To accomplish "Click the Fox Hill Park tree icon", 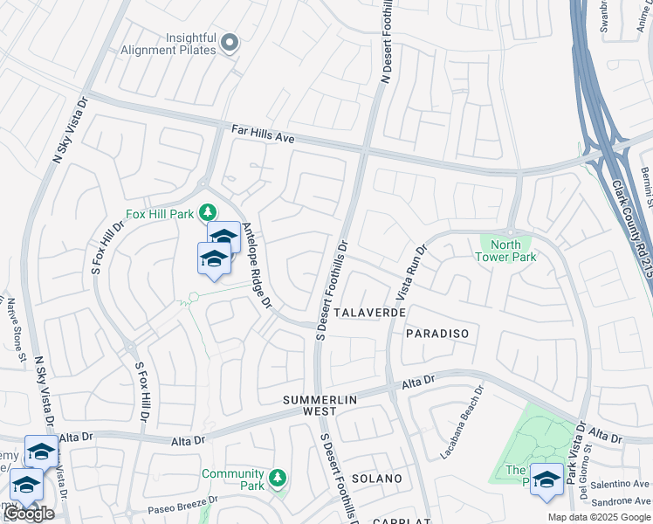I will tap(208, 212).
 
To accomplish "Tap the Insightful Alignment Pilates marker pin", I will tap(230, 43).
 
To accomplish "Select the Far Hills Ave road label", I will tap(263, 134).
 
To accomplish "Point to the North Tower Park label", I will tap(506, 251).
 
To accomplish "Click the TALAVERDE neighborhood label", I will tap(368, 312).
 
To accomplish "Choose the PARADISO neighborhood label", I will tap(437, 334).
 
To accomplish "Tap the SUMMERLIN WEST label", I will tap(318, 404).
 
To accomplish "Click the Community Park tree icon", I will tap(278, 478).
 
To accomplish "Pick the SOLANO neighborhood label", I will tap(377, 479).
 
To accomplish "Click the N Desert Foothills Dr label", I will tap(385, 41).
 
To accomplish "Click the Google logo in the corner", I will tap(28, 514).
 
